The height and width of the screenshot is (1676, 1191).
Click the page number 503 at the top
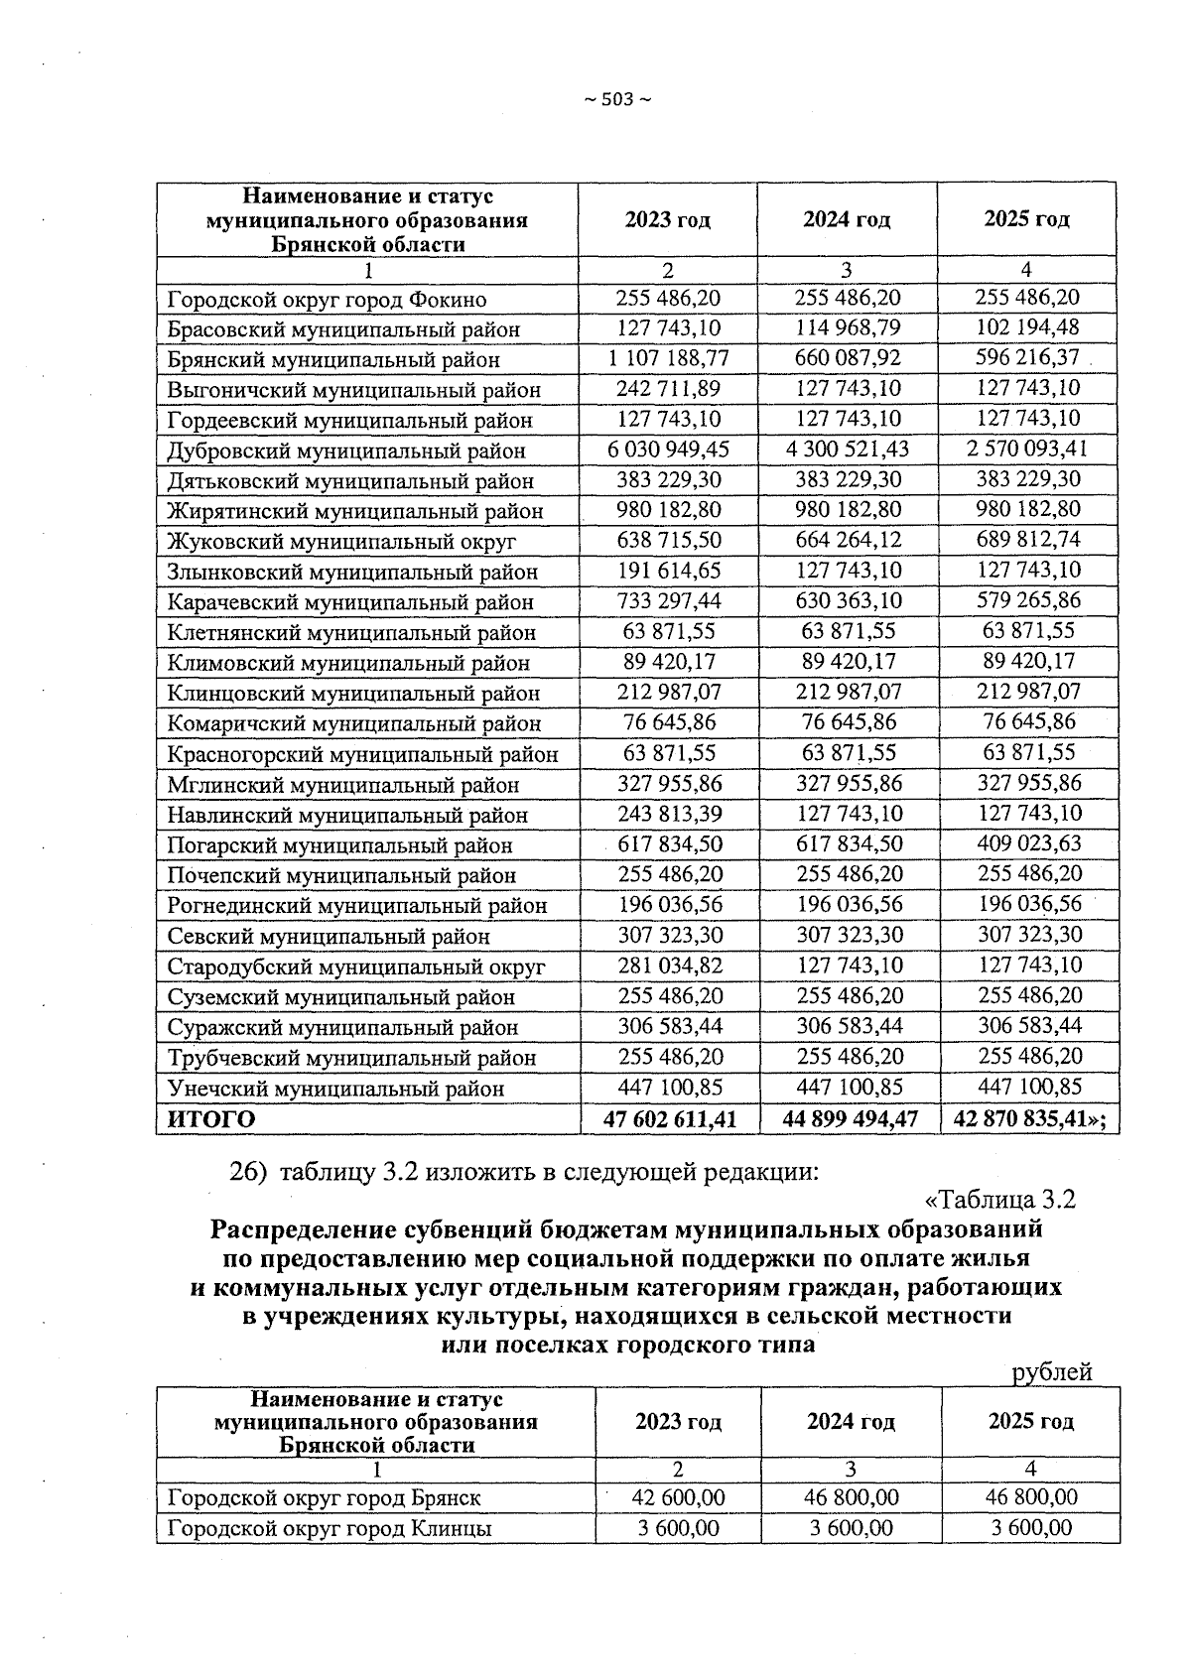click(616, 99)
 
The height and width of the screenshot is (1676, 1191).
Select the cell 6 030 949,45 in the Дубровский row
click(668, 450)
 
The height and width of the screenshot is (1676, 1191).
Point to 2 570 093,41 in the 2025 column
click(1027, 449)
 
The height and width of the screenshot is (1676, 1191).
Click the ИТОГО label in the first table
click(210, 1119)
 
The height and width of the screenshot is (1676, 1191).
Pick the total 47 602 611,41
click(670, 1119)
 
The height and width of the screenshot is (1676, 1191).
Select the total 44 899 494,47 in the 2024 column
click(849, 1119)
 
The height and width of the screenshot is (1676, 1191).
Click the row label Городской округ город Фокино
click(327, 299)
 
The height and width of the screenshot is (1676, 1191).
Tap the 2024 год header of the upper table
click(847, 219)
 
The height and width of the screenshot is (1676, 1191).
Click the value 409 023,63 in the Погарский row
click(1027, 843)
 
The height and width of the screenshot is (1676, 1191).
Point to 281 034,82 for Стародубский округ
click(670, 965)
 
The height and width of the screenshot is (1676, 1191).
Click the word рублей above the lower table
click(1052, 1372)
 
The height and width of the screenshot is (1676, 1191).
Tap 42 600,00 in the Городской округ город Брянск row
click(679, 1496)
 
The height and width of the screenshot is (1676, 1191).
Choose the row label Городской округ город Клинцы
click(330, 1528)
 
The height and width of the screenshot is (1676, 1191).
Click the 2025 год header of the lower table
click(1030, 1421)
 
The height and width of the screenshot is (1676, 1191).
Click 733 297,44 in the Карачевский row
click(670, 601)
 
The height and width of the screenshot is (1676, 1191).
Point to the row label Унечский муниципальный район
click(335, 1089)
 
